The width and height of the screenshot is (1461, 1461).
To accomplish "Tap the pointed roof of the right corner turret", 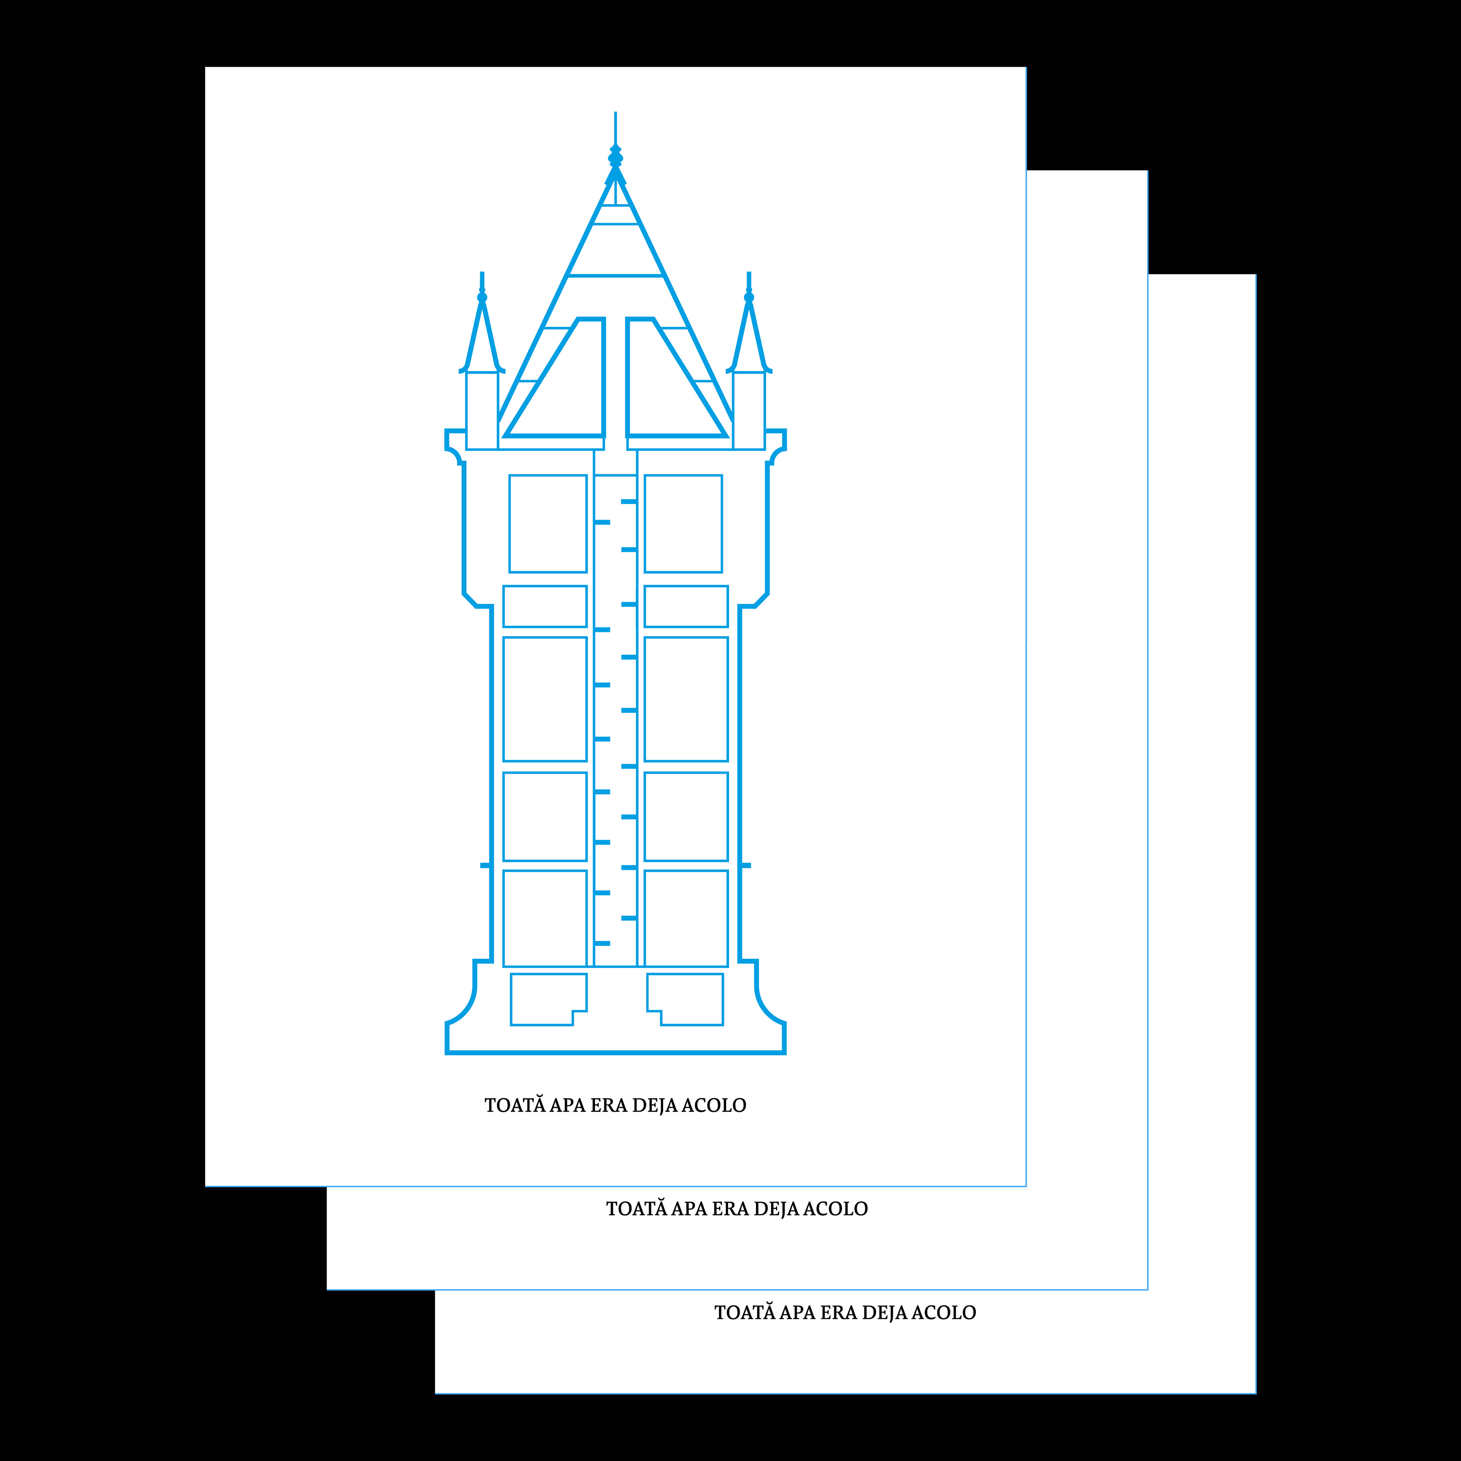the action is click(x=749, y=336).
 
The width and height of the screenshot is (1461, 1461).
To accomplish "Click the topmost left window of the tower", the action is click(x=547, y=523).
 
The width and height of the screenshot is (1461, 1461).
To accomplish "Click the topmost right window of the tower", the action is click(x=683, y=523).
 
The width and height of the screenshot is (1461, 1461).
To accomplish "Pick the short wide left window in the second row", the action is click(x=544, y=606).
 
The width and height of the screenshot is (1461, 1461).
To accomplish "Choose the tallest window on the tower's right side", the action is click(x=686, y=699).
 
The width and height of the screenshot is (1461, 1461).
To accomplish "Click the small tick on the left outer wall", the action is click(x=485, y=864).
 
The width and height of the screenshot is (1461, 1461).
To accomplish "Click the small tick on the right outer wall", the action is click(x=746, y=864).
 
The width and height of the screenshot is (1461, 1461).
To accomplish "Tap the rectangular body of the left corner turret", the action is click(x=482, y=410).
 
